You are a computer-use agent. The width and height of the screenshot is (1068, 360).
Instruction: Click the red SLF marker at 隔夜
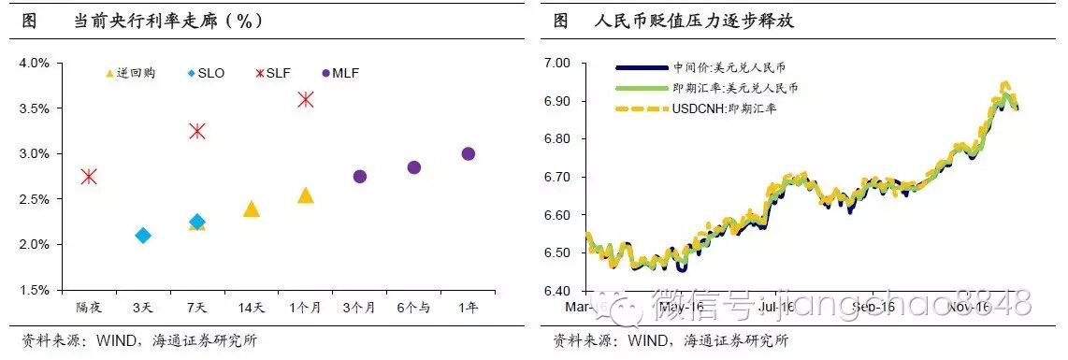pos(89,177)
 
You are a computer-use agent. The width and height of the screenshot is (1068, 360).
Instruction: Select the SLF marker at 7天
pos(196,131)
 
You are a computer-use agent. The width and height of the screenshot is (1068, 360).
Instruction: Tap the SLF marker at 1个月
pos(305,99)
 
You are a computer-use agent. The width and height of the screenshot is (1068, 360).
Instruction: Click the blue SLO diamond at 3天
pos(142,236)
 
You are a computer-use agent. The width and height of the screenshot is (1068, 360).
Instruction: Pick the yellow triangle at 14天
pos(251,209)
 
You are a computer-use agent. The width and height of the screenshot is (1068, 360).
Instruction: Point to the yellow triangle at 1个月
pos(305,195)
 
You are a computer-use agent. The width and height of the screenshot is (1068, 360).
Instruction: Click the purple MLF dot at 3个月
pos(360,177)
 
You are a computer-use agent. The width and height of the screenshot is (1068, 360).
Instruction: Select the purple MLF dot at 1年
pos(468,154)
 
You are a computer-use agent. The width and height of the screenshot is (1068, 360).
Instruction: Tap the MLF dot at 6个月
pos(414,167)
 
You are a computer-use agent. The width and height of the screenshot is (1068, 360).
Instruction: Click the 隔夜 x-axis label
pos(89,307)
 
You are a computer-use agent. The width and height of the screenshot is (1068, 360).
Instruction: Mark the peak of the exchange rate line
pos(1005,84)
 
